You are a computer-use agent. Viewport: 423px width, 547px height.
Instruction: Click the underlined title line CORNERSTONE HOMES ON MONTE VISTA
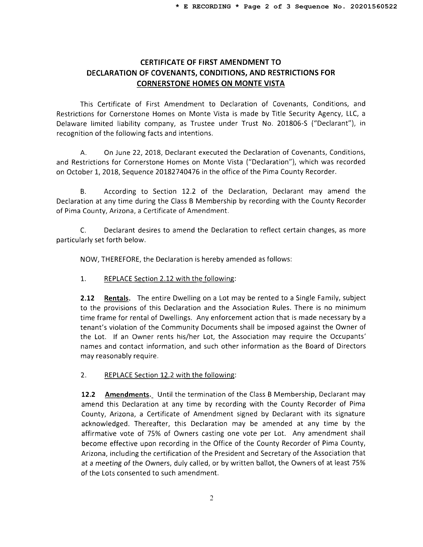pyautogui.click(x=211, y=83)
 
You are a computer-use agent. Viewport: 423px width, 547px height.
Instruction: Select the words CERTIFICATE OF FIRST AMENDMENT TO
pyautogui.click(x=211, y=62)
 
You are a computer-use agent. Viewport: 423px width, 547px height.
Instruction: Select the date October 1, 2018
pyautogui.click(x=89, y=172)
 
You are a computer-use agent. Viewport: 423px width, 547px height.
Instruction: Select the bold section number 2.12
pyautogui.click(x=87, y=298)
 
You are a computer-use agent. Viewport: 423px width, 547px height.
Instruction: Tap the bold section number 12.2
pyautogui.click(x=88, y=395)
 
